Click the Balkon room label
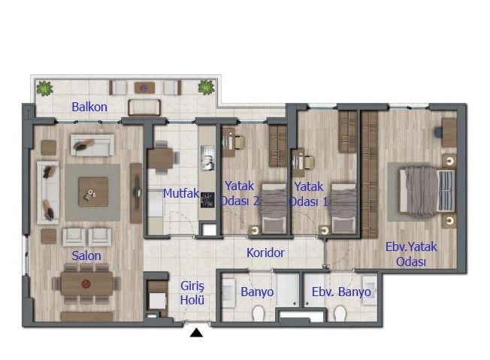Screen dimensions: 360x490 pyautogui.click(x=89, y=107)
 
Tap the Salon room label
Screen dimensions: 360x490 pyautogui.click(x=86, y=256)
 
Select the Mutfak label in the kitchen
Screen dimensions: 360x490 pyautogui.click(x=180, y=193)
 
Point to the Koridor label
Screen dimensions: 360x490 pyautogui.click(x=265, y=253)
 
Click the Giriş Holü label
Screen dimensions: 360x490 pyautogui.click(x=193, y=293)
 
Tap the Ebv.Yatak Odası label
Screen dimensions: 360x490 pyautogui.click(x=411, y=254)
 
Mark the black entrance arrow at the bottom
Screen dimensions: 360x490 pyautogui.click(x=197, y=332)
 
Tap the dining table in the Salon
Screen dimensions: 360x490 pyautogui.click(x=86, y=286)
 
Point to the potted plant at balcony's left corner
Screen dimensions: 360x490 pyautogui.click(x=46, y=88)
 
